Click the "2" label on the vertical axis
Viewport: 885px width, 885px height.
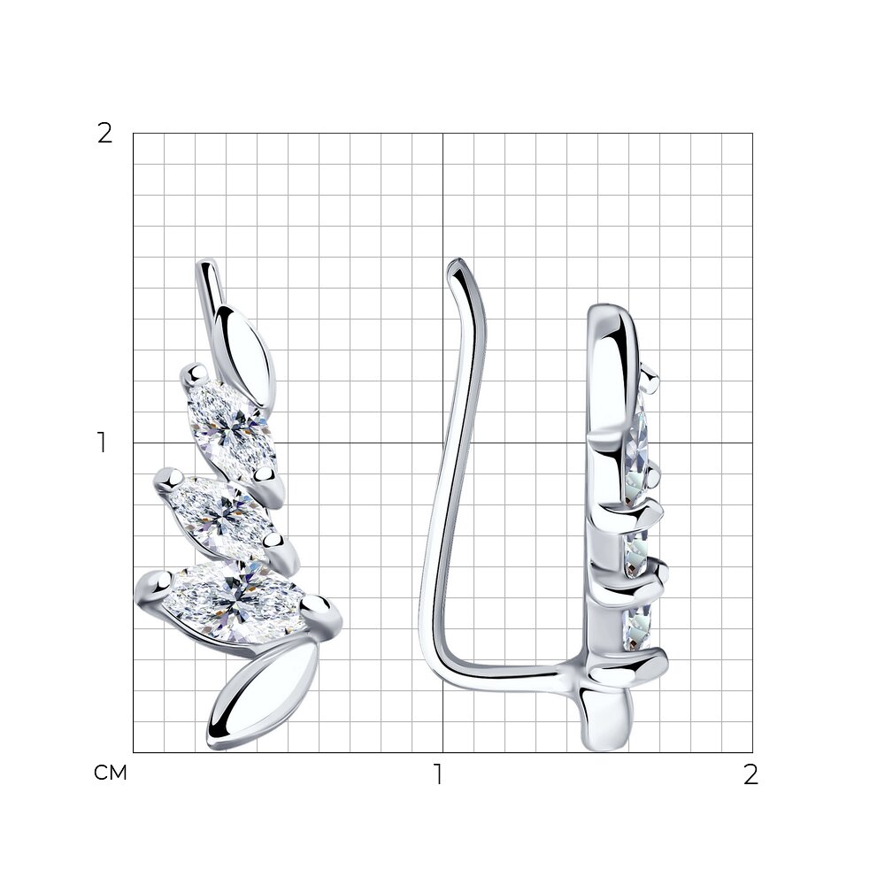click(x=105, y=134)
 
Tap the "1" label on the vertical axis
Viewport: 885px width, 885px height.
click(x=102, y=442)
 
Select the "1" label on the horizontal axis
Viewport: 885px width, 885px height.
click(x=438, y=774)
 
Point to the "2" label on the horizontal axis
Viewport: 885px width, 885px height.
click(x=750, y=775)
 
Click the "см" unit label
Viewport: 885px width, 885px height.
click(x=110, y=773)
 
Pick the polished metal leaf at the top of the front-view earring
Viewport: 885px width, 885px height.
click(x=244, y=355)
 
